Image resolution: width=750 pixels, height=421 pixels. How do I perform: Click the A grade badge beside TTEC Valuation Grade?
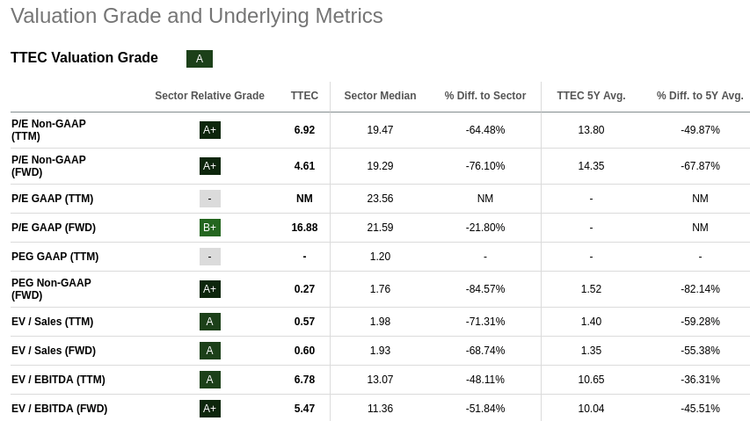point(200,59)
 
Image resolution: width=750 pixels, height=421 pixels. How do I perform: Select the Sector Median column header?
point(380,96)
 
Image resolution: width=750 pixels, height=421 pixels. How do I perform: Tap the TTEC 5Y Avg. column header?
point(591,96)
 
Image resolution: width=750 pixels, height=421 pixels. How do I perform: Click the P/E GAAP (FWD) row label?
point(54,228)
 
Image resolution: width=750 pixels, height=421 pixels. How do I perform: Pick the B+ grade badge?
point(209,228)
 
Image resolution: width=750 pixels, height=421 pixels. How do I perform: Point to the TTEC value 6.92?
point(304,130)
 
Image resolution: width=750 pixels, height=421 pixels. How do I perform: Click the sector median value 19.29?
point(380,166)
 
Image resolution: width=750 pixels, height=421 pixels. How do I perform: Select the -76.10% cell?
point(485,166)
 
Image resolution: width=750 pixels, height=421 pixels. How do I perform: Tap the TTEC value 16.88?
point(304,228)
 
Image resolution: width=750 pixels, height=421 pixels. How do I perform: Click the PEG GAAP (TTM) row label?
point(55,257)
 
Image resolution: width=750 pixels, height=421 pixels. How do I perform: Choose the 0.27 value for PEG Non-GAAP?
point(304,289)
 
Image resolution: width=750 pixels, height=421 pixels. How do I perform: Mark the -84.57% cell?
point(485,289)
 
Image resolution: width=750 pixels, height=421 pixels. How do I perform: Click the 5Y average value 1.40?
point(591,322)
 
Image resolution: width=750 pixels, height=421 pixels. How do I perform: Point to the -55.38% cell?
point(700,351)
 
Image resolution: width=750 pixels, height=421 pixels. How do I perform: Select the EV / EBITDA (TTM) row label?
point(58,380)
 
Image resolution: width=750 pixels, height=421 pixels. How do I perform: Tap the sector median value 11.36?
point(380,409)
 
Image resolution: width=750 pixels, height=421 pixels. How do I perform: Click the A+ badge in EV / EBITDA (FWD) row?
point(209,409)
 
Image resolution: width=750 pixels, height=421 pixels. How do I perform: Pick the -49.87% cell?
point(700,130)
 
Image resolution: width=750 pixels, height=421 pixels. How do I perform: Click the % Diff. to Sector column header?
point(485,96)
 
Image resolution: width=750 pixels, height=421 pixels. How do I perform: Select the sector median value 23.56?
point(380,199)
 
